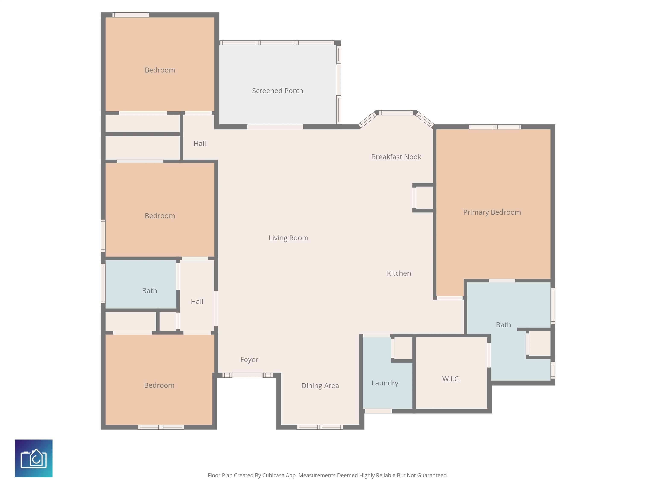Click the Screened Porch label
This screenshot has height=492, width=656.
[277, 91]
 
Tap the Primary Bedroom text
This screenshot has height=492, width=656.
[492, 212]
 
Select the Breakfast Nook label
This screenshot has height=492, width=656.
[396, 157]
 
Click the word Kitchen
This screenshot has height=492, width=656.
[399, 273]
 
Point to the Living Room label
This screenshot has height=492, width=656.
[288, 238]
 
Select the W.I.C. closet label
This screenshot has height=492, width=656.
[451, 379]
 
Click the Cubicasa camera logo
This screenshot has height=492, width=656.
[34, 458]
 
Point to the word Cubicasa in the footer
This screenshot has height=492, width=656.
[273, 475]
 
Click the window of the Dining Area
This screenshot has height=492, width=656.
[320, 427]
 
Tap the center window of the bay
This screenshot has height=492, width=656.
[396, 113]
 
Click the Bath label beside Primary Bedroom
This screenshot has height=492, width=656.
[503, 325]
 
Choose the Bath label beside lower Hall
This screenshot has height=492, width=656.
[149, 291]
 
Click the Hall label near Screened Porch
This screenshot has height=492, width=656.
[200, 143]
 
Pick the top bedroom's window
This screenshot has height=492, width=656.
[130, 15]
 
